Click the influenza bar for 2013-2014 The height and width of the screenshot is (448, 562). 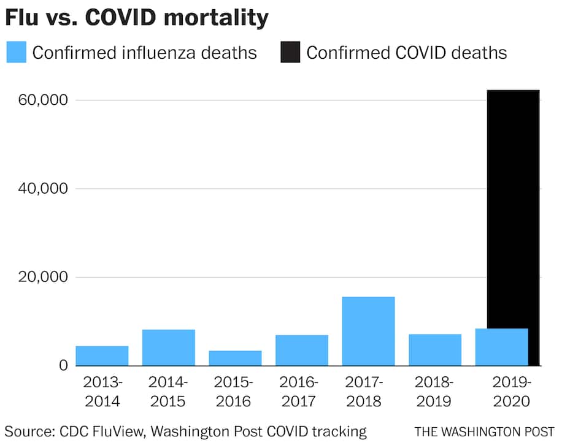pyautogui.click(x=102, y=355)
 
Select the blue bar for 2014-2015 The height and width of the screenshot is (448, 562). pyautogui.click(x=169, y=347)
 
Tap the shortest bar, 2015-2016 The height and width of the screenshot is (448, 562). pyautogui.click(x=235, y=358)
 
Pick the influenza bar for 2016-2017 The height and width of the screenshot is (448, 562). pyautogui.click(x=302, y=350)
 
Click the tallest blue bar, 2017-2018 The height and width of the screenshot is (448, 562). pyautogui.click(x=368, y=331)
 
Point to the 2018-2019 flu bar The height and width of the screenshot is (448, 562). pyautogui.click(x=435, y=349)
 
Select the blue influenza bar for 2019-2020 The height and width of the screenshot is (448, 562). pyautogui.click(x=501, y=347)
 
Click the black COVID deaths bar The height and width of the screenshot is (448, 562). pyautogui.click(x=513, y=208)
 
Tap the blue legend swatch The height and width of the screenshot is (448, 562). pyautogui.click(x=17, y=52)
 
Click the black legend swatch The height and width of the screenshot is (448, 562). pyautogui.click(x=290, y=52)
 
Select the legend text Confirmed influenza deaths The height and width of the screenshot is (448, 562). pyautogui.click(x=144, y=52)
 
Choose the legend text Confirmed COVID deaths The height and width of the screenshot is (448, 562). pyautogui.click(x=407, y=52)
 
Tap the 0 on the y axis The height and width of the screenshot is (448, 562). pyautogui.click(x=62, y=365)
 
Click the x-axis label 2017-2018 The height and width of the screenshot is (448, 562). pyautogui.click(x=368, y=392)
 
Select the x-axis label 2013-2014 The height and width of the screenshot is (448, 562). pyautogui.click(x=102, y=392)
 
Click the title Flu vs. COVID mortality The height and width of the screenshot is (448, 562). pyautogui.click(x=137, y=18)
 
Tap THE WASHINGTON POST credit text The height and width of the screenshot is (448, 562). pyautogui.click(x=484, y=431)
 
